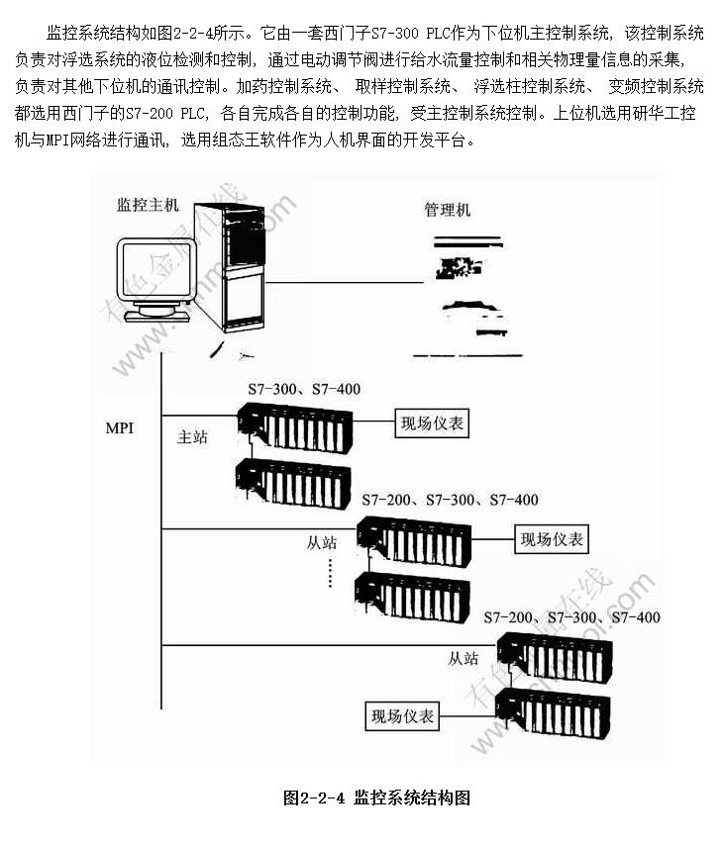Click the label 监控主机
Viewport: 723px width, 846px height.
click(x=149, y=205)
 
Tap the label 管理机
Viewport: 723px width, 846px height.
click(x=448, y=210)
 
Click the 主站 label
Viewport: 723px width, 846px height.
click(x=192, y=436)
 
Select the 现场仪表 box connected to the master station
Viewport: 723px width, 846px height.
click(x=432, y=423)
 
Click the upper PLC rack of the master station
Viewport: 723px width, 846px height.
click(x=294, y=427)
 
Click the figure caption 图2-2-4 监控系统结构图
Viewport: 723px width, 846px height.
click(x=375, y=797)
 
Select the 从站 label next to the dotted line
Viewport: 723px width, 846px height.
click(x=323, y=543)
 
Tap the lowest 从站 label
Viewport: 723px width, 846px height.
click(x=464, y=657)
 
